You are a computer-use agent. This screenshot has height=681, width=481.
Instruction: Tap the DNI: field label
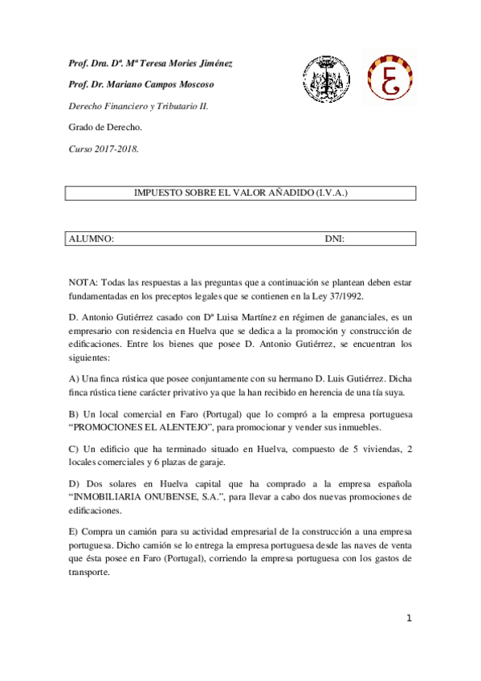point(335,239)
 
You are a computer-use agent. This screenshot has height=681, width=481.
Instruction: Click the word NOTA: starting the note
point(83,283)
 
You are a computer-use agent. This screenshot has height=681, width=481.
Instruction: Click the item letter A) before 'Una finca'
point(74,379)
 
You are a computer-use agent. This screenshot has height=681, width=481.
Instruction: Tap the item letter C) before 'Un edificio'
point(74,449)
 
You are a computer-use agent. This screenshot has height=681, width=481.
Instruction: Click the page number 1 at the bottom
point(409,618)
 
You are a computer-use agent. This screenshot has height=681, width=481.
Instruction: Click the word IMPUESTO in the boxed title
point(156,194)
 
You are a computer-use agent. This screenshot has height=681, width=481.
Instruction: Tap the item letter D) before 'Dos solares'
point(74,484)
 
